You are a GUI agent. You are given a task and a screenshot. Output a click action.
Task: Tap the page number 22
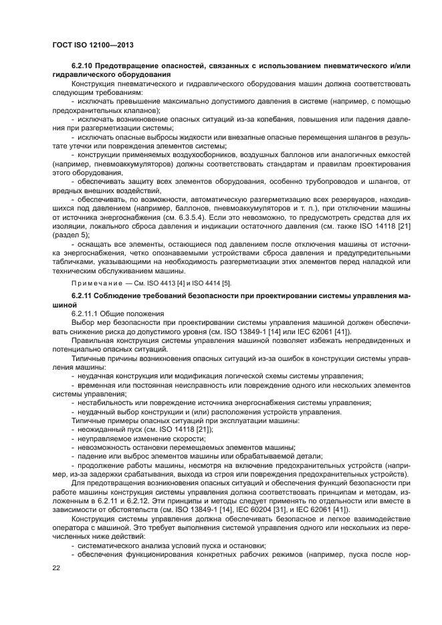pyautogui.click(x=56, y=568)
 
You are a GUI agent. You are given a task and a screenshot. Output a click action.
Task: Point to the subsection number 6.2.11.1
pyautogui.click(x=86, y=313)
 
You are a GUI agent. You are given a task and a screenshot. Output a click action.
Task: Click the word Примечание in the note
pyautogui.click(x=96, y=283)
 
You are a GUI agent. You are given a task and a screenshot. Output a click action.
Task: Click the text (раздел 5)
pyautogui.click(x=71, y=236)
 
